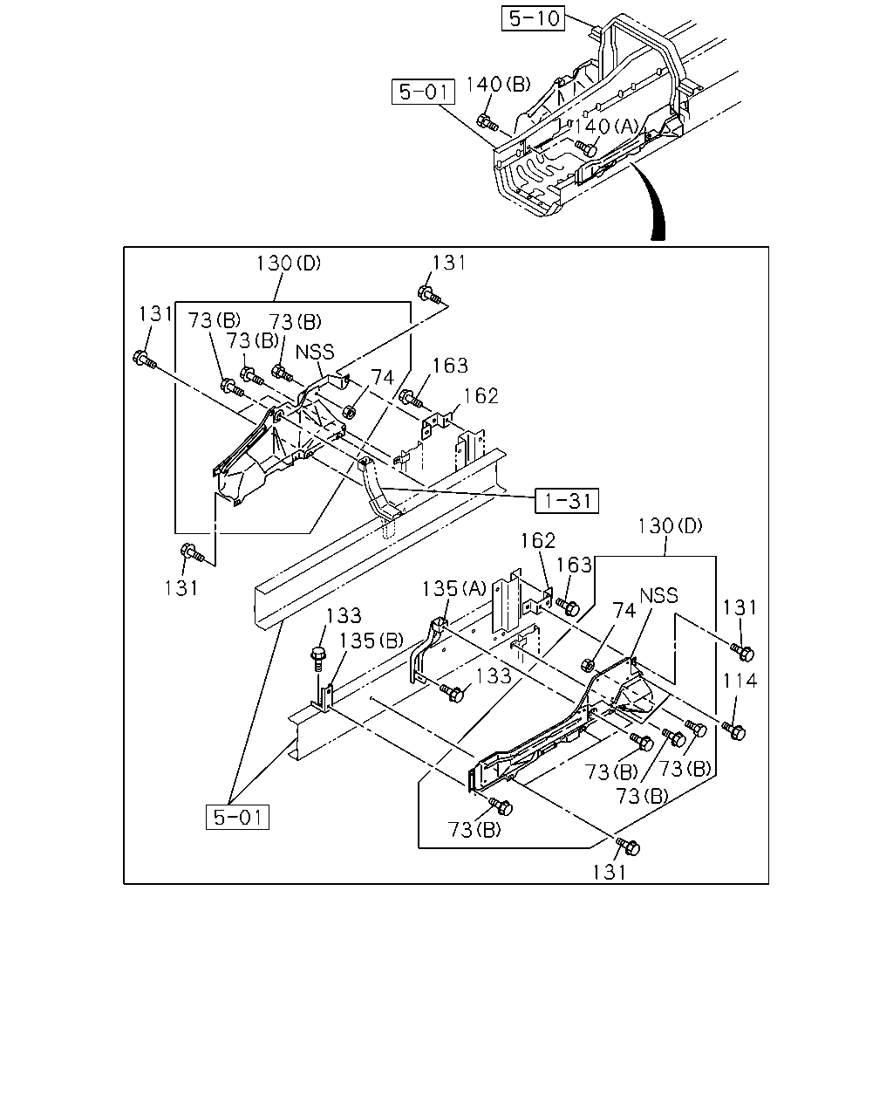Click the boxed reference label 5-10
pos(533,18)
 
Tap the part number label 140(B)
pos(498,84)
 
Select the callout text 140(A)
pos(605,127)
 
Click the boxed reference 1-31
pos(567,501)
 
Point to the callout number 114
pos(740,681)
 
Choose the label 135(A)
pos(453,588)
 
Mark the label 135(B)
pos(371,641)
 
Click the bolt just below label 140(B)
pos(487,122)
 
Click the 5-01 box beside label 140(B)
pos(423,92)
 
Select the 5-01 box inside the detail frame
pos(237,817)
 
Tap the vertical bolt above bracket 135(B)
pos(318,658)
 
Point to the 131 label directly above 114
pos(740,607)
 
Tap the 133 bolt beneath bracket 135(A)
pos(452,692)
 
